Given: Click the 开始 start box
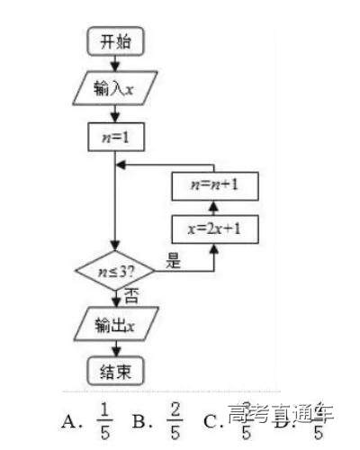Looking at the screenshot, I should click(x=115, y=41).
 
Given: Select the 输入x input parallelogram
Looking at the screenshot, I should click(x=115, y=89).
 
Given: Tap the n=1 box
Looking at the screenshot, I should click(x=115, y=137).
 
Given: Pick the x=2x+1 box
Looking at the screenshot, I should click(x=213, y=229).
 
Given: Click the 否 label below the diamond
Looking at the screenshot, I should click(x=130, y=294).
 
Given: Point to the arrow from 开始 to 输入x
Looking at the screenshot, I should click(x=115, y=63).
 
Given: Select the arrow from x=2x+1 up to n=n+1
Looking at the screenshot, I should click(x=213, y=209).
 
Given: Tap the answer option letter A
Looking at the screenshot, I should click(x=69, y=419).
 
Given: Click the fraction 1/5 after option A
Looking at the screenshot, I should click(x=104, y=418).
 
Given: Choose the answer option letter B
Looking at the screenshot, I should click(x=139, y=419).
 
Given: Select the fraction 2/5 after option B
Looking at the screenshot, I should click(x=175, y=418).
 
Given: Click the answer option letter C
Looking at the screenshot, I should click(x=211, y=420).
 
